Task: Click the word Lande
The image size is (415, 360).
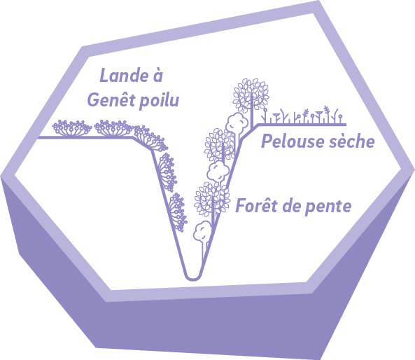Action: (124, 75)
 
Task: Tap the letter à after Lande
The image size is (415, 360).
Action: (157, 75)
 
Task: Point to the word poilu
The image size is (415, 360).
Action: (160, 101)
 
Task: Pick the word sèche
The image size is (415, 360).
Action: (352, 141)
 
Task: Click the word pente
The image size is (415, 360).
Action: (328, 207)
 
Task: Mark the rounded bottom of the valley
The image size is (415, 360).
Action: (193, 277)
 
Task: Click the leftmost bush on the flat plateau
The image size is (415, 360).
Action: (71, 128)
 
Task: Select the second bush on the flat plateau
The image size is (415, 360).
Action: (113, 128)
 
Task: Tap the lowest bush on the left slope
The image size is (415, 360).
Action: (178, 212)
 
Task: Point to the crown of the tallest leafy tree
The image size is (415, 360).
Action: (251, 95)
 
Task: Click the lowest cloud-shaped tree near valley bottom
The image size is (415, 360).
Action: (202, 231)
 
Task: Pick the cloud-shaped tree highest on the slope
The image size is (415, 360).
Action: (237, 123)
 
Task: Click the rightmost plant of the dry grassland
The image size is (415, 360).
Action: (340, 118)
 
